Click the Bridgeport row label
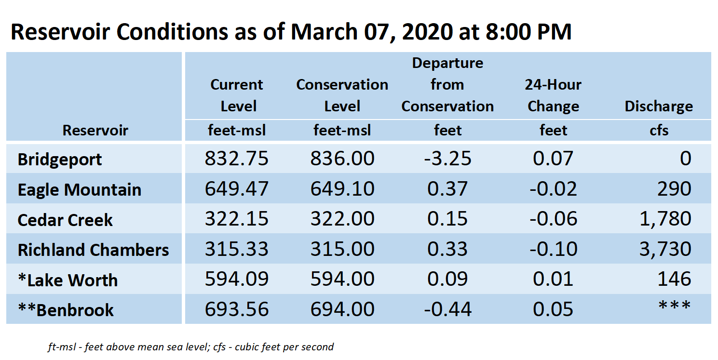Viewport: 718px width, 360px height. (x=60, y=160)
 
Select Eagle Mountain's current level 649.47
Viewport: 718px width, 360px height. (x=237, y=188)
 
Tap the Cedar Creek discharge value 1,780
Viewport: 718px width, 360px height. (x=665, y=219)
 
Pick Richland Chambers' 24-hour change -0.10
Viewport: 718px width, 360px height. (x=553, y=249)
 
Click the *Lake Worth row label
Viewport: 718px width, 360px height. (x=68, y=280)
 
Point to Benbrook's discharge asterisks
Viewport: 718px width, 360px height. (x=675, y=306)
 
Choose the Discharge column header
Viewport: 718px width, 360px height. (x=659, y=107)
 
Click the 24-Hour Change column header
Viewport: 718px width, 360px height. (x=553, y=95)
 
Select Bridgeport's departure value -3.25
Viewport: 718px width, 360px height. (x=447, y=159)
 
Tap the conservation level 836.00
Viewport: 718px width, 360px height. (x=342, y=159)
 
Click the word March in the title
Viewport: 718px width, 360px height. (x=324, y=32)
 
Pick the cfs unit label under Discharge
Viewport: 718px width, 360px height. (x=659, y=130)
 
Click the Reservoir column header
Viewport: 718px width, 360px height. (x=95, y=130)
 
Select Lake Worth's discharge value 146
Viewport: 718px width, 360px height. (x=674, y=279)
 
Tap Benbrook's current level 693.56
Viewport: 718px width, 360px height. (x=237, y=309)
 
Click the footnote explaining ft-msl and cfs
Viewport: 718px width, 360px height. (x=191, y=347)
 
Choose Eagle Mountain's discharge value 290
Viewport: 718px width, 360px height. (x=674, y=188)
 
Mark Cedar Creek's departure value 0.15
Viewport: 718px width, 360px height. (x=447, y=219)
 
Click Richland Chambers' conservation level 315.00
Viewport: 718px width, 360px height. (x=342, y=249)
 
